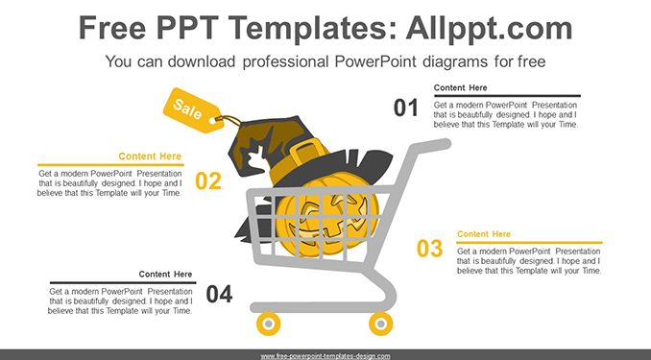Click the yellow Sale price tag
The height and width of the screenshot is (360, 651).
click(192, 110)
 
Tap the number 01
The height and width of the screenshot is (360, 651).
click(405, 108)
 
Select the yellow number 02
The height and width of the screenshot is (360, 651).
click(208, 181)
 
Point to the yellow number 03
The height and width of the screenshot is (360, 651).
click(430, 249)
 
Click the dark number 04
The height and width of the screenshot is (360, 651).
click(219, 294)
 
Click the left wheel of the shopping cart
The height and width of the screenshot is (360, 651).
click(268, 324)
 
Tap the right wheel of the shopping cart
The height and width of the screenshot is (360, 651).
click(381, 324)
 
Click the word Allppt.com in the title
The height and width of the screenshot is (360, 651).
click(489, 28)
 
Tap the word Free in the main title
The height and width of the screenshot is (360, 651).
click(112, 28)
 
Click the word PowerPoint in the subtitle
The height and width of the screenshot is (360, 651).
click(374, 61)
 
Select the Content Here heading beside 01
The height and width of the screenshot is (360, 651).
click(461, 87)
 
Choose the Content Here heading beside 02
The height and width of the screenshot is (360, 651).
click(150, 156)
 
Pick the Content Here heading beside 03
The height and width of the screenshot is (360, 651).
click(484, 234)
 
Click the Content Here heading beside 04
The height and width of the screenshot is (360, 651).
click(165, 274)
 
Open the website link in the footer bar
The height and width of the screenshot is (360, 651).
click(325, 356)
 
